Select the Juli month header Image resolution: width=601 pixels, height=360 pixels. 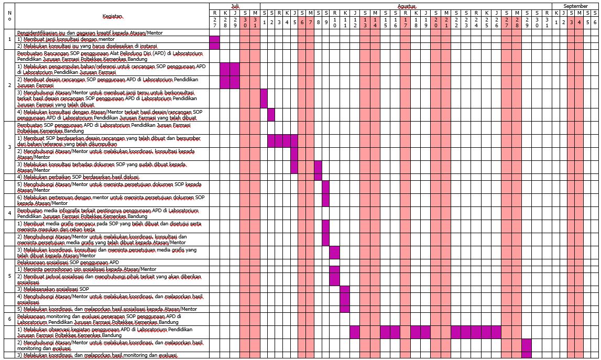click(235, 5)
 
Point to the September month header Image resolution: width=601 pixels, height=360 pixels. click(575, 5)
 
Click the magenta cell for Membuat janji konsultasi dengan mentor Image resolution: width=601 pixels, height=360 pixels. click(214, 39)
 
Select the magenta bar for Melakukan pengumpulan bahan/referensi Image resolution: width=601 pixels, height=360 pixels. click(230, 69)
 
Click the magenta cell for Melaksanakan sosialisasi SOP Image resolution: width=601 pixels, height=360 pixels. click(344, 289)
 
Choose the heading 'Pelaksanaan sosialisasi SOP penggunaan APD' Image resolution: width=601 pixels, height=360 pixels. click(68, 262)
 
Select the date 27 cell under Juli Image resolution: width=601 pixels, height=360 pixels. click(214, 22)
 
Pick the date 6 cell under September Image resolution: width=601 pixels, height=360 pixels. click(595, 22)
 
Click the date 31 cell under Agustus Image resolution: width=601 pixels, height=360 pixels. click(547, 22)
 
